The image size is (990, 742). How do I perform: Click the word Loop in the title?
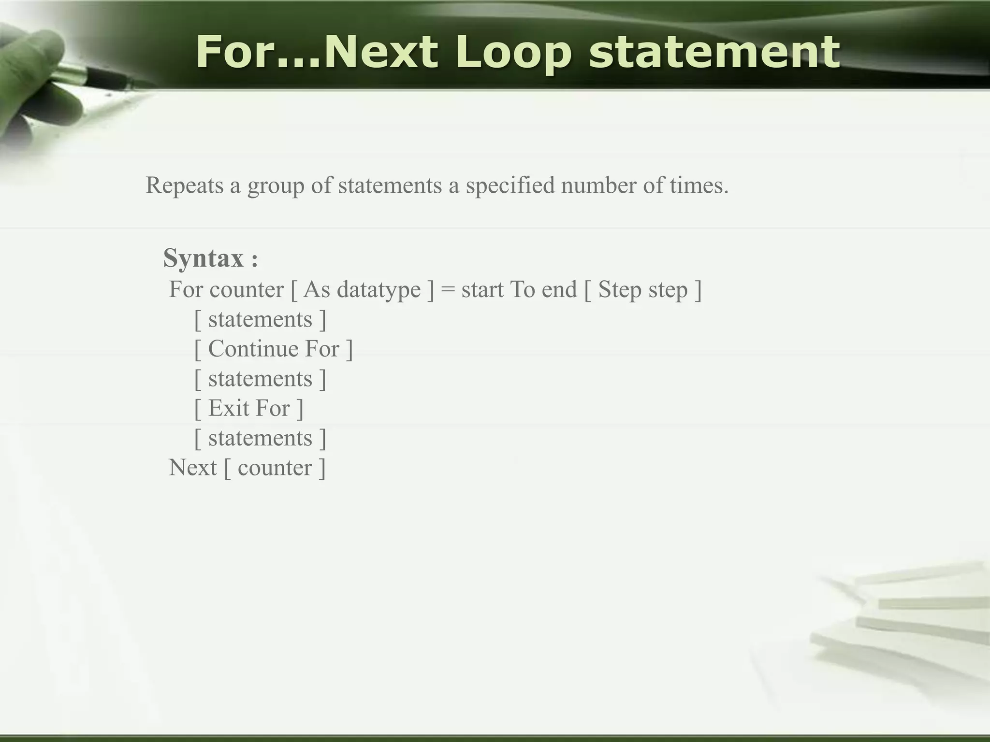pyautogui.click(x=513, y=53)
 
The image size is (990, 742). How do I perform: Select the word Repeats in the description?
pyautogui.click(x=185, y=185)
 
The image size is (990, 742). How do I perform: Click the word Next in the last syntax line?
pyautogui.click(x=192, y=468)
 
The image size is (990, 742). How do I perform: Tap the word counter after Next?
pyautogui.click(x=275, y=468)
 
